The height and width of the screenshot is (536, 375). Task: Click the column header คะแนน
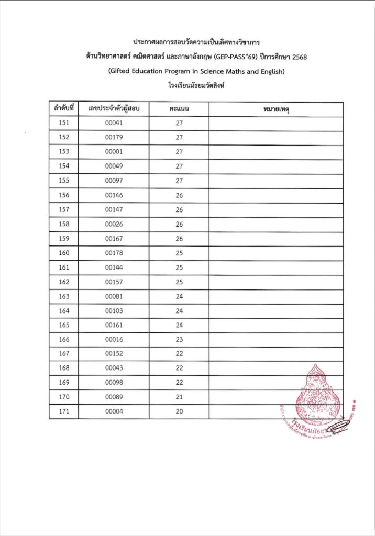179,109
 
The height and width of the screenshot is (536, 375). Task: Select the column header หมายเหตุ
276,109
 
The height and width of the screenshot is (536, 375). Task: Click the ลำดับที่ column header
63,109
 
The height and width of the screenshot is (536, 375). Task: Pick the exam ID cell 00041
114,124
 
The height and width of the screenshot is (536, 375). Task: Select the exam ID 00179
114,138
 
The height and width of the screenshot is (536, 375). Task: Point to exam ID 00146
114,195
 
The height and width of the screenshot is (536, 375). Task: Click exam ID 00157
114,282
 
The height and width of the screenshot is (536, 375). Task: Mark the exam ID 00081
114,296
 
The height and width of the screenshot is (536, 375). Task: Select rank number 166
63,339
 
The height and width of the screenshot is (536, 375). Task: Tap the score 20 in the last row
179,411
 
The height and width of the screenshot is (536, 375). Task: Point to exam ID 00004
114,411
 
